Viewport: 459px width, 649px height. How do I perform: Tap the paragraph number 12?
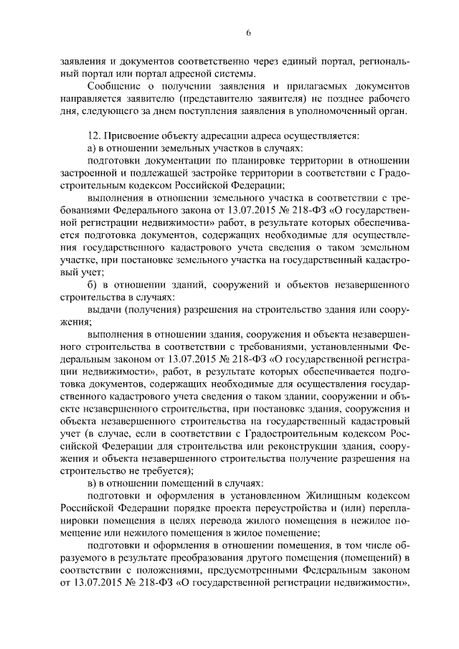point(93,135)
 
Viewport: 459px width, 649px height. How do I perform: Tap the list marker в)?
point(90,482)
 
